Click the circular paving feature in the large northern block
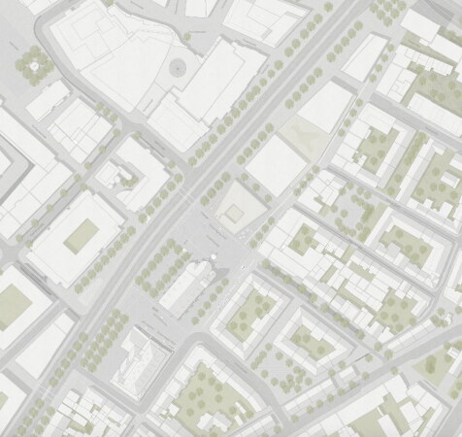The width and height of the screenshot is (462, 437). click(178, 67)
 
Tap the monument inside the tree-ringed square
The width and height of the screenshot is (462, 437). click(38, 65)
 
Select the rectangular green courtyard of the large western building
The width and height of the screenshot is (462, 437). click(82, 234)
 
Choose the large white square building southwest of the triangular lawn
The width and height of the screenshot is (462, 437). click(275, 163)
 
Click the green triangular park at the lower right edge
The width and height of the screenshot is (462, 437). click(442, 364)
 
